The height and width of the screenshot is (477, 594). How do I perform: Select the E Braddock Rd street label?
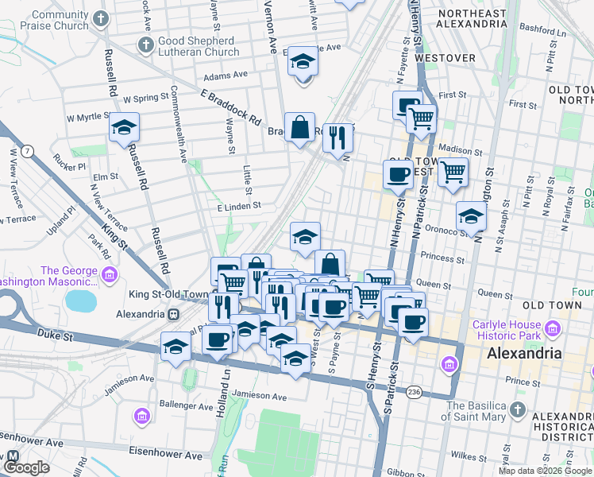click(x=231, y=107)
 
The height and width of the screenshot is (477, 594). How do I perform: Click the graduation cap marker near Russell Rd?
click(x=124, y=128)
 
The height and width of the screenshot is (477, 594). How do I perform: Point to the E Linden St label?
click(x=239, y=206)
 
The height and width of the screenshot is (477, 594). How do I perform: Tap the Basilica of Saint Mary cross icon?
click(x=518, y=410)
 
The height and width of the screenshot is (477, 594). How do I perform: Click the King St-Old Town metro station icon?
click(x=172, y=314)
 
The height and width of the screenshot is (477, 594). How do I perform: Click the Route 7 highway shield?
click(x=28, y=150)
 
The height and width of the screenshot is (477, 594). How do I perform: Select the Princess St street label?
click(x=442, y=258)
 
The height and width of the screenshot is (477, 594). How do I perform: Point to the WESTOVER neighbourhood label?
click(x=456, y=58)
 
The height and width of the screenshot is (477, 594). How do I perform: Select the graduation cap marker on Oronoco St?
click(x=471, y=216)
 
